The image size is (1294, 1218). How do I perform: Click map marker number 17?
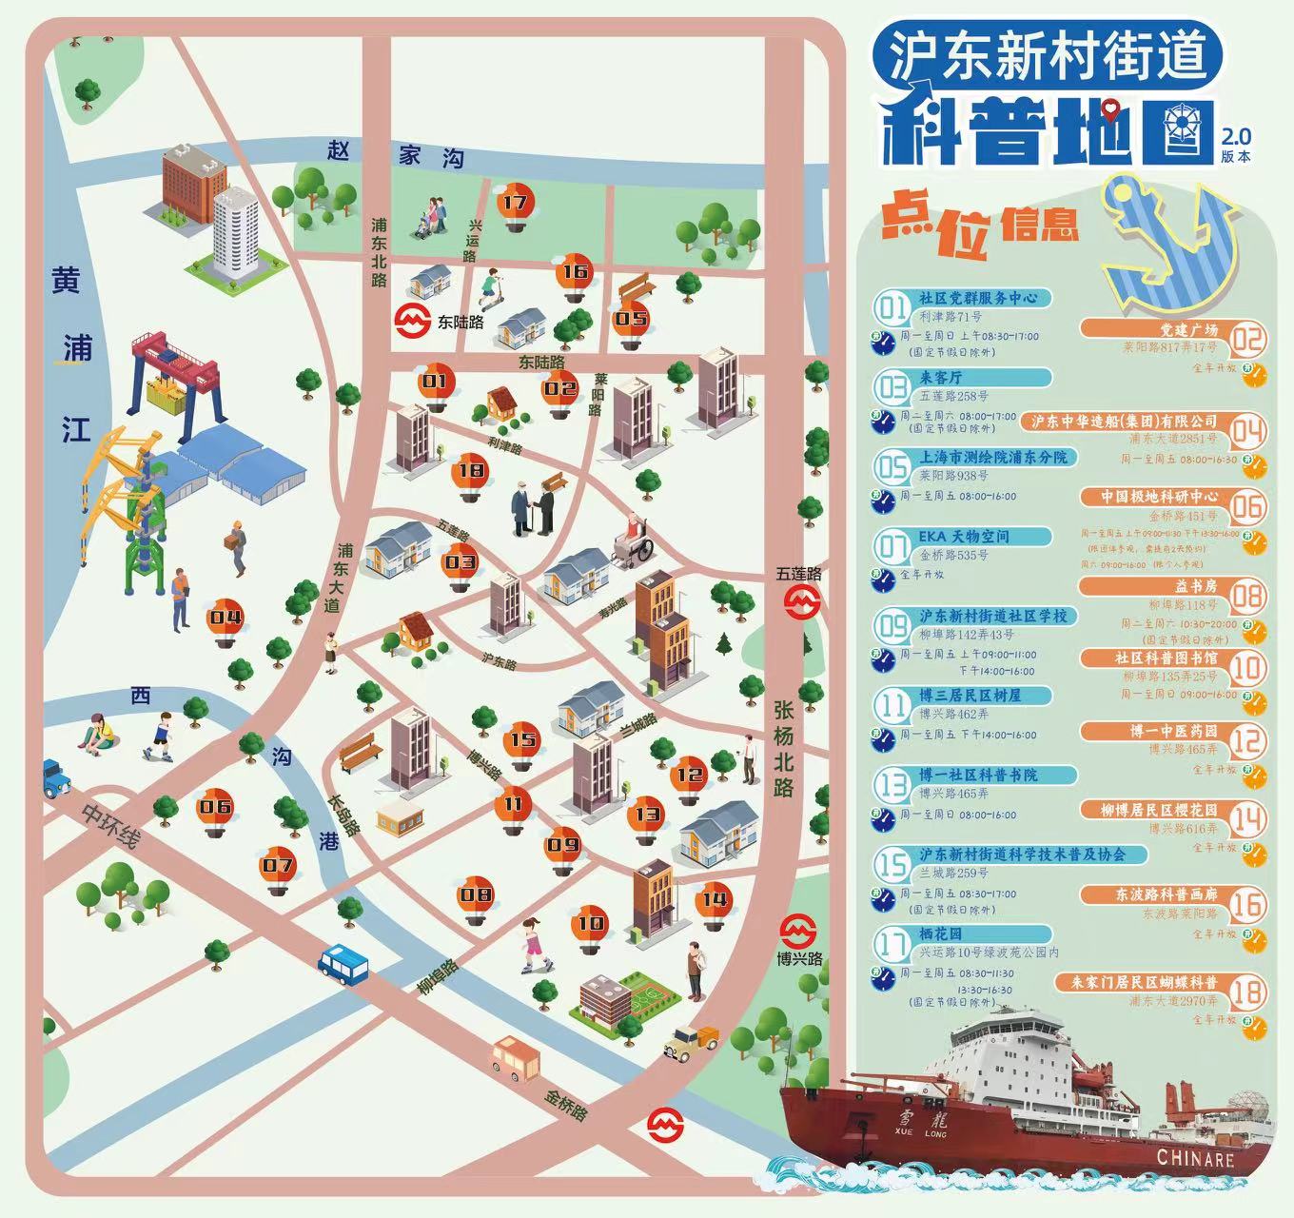(x=515, y=204)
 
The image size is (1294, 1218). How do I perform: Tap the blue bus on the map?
(x=343, y=963)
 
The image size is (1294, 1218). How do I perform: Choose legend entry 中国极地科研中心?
(x=1159, y=497)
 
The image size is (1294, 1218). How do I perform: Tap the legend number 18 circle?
(x=1246, y=991)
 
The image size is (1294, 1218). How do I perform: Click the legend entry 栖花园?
(x=940, y=934)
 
